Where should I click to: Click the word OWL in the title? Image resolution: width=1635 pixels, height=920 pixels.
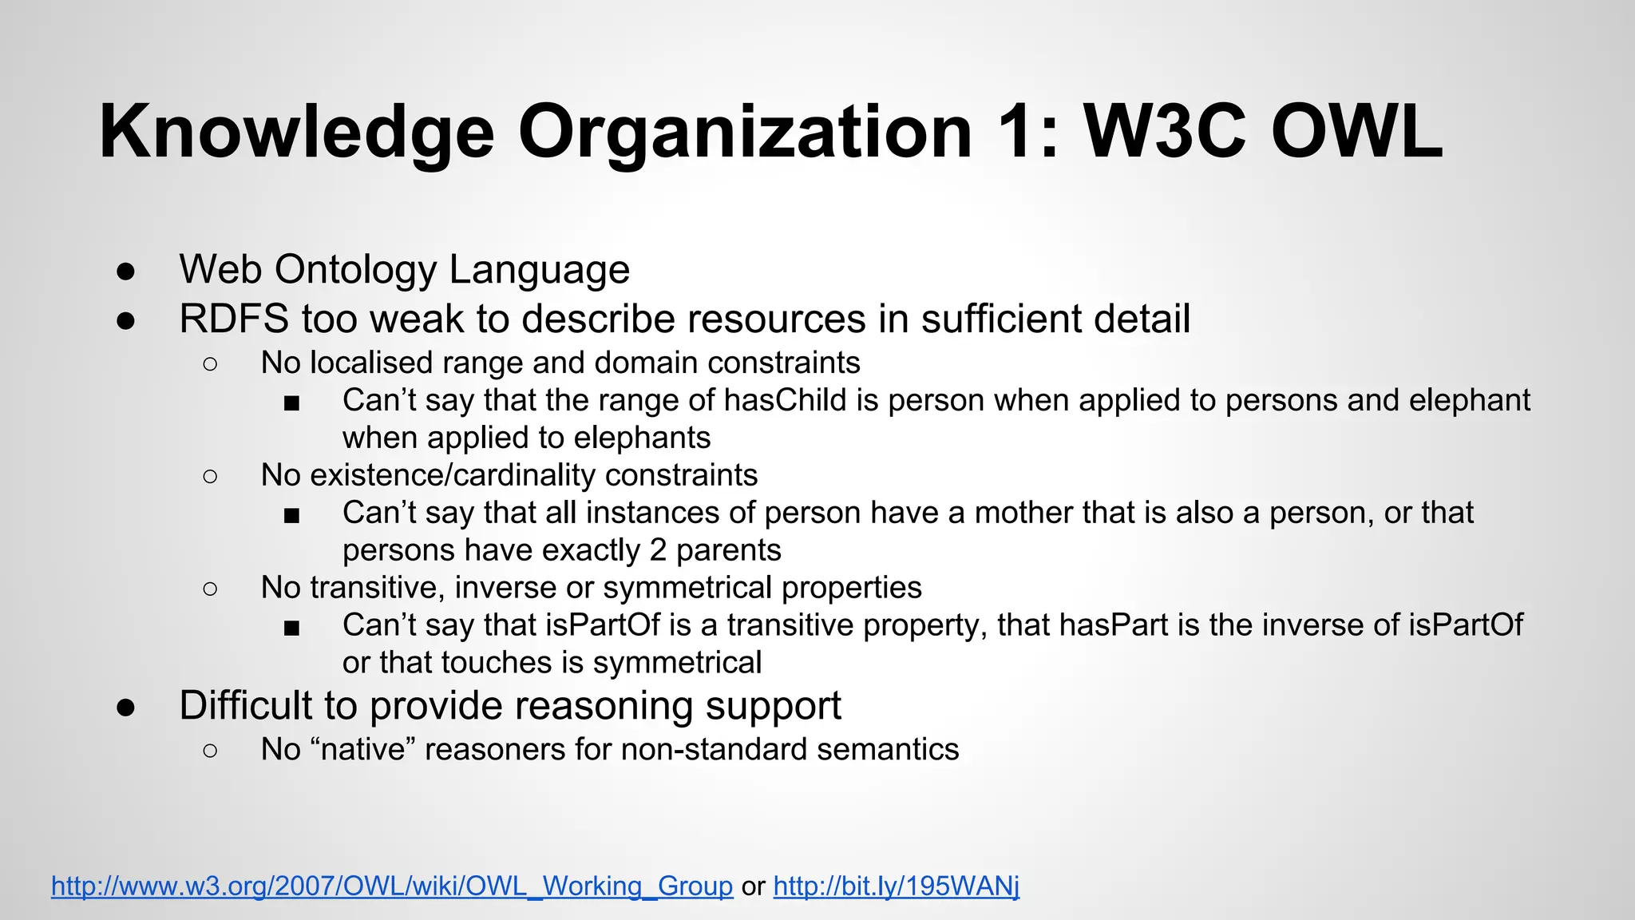click(x=1356, y=132)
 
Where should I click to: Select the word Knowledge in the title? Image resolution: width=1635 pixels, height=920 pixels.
click(x=296, y=132)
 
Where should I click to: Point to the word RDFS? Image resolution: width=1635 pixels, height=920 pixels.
click(x=234, y=319)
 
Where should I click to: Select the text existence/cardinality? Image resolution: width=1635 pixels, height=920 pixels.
click(x=453, y=475)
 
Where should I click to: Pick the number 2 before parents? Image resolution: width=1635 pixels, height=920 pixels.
click(x=658, y=550)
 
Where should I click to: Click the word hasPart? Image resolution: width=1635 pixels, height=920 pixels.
click(x=1114, y=625)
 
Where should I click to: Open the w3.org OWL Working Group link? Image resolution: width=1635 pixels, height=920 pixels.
click(x=392, y=886)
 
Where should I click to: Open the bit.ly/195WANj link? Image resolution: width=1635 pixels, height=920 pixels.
click(x=896, y=886)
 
